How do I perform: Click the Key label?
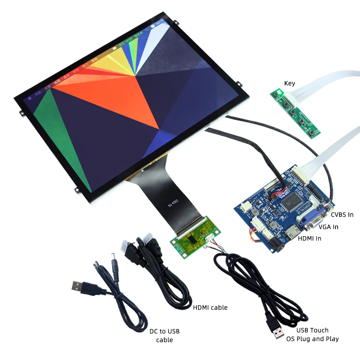[289, 83]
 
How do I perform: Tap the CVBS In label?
[342, 215]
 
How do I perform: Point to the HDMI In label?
[309, 238]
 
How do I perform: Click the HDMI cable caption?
[210, 307]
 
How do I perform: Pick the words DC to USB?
[165, 331]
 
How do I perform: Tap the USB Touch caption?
[312, 330]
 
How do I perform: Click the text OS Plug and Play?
[312, 339]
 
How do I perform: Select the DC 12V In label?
[142, 245]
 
